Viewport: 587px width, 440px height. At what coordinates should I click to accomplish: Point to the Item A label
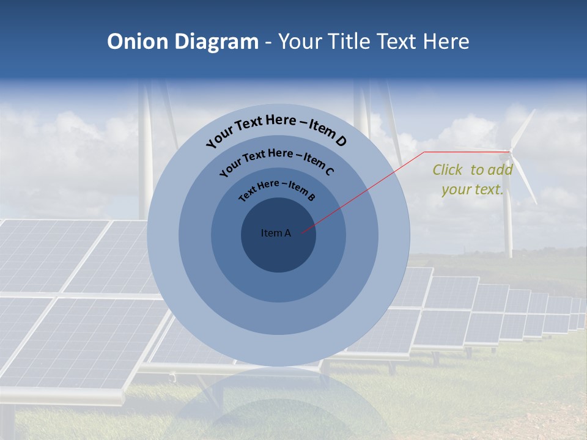tap(276, 233)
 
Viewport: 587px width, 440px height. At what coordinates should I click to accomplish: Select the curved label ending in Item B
tap(276, 189)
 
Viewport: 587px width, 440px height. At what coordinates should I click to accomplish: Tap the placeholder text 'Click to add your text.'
tap(472, 180)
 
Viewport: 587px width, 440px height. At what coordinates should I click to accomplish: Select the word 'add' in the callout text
tap(500, 170)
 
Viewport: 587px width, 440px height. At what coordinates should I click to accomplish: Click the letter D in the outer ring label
tap(341, 141)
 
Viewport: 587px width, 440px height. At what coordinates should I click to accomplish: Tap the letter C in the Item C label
tap(329, 172)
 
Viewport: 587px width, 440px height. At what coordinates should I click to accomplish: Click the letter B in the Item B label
tap(312, 197)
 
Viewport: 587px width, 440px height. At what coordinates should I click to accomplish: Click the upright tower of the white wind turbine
tap(508, 214)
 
